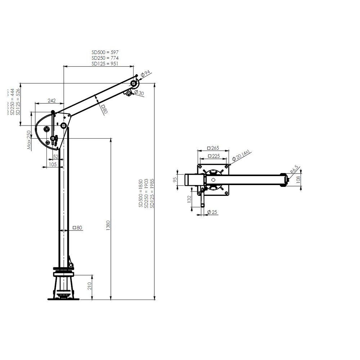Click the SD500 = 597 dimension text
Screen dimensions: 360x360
pos(105,52)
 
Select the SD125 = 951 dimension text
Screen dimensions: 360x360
pos(105,63)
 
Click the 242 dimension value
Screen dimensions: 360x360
pos(51,100)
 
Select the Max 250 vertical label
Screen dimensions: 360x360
pos(29,140)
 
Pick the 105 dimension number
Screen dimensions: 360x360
pos(53,164)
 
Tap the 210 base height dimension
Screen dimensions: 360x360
pos(90,286)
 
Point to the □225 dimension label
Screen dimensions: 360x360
pos(213,156)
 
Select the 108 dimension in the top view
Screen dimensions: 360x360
pos(298,179)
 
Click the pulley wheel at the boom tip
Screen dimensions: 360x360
pos(134,84)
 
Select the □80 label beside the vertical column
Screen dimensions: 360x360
pos(77,228)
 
